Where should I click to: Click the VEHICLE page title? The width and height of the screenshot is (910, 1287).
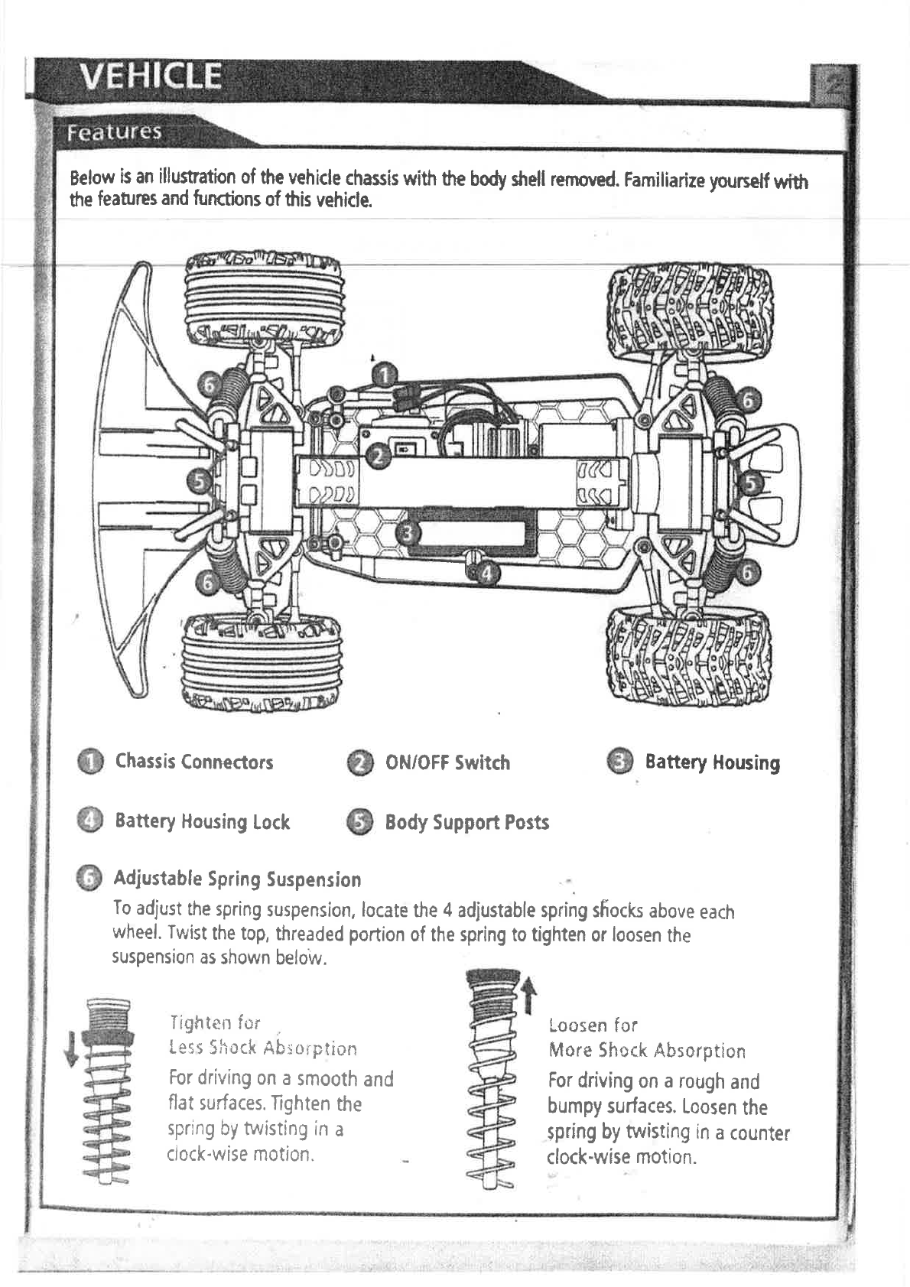pos(151,76)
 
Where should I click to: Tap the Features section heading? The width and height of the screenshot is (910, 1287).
pos(114,132)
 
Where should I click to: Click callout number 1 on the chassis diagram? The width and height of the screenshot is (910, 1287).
pos(385,375)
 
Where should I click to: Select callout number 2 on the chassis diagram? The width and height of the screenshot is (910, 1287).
pos(377,457)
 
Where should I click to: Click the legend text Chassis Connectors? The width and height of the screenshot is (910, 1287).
pos(194,762)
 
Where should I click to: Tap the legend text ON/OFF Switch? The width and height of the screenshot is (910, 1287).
pos(447,762)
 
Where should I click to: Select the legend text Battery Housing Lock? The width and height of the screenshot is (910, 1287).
pos(202,821)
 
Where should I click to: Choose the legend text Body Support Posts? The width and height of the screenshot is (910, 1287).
pos(466,822)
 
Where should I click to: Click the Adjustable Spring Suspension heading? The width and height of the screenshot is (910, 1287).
pos(237,879)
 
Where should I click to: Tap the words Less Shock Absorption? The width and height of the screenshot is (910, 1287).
pos(262,1048)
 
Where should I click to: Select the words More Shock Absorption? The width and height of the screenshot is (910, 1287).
pos(647,1051)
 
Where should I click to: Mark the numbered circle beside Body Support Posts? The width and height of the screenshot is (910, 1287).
pos(359,822)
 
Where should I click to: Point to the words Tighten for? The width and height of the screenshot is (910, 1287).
pos(215,1022)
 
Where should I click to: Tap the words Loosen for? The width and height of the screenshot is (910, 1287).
pos(593,1025)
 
